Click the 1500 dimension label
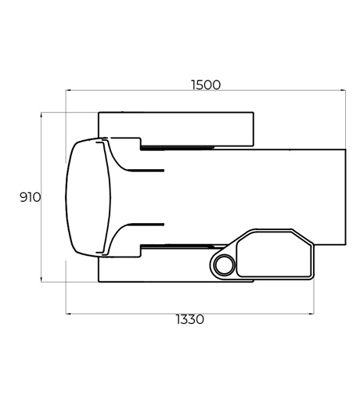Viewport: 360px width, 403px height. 206,85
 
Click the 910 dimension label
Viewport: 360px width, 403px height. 31,197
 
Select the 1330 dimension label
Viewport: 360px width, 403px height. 190,319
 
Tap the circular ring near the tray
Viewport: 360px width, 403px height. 225,264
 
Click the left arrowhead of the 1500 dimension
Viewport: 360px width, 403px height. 68,90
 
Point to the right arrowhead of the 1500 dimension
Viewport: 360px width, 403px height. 344,90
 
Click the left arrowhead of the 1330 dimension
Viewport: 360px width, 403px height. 68,314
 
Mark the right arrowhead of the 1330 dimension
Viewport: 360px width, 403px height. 311,314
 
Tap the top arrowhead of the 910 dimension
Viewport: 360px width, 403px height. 41,115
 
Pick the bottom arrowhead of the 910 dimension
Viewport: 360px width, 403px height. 41,279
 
